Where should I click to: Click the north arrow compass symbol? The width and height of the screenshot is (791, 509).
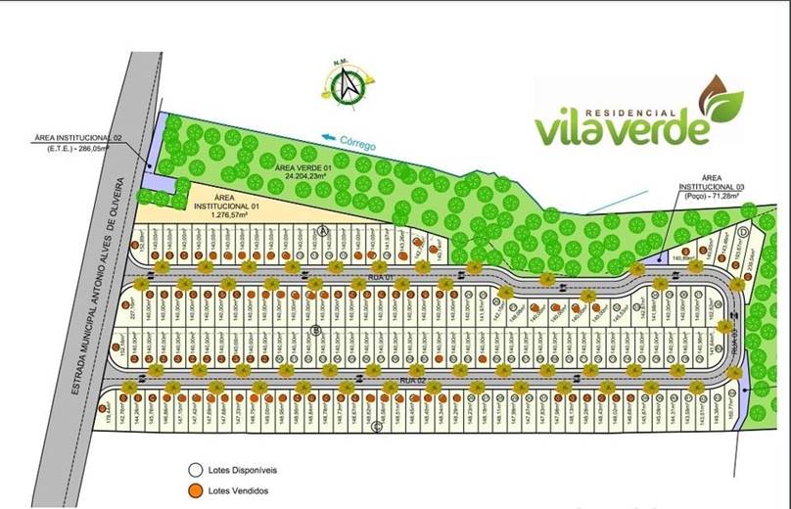click(x=348, y=87)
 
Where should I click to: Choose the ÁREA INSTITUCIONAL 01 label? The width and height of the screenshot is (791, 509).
click(x=226, y=202)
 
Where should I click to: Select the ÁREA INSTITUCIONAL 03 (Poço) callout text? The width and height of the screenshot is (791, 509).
click(x=711, y=186)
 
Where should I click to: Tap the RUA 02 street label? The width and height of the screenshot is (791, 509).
click(x=412, y=378)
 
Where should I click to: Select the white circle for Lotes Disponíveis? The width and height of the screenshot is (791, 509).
click(x=195, y=469)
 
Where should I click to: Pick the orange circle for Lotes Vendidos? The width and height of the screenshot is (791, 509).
click(x=195, y=490)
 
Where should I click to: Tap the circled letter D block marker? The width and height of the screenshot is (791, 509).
click(x=744, y=231)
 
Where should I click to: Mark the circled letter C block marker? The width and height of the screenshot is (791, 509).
click(x=376, y=426)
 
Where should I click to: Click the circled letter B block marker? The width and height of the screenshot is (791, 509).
click(x=316, y=330)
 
